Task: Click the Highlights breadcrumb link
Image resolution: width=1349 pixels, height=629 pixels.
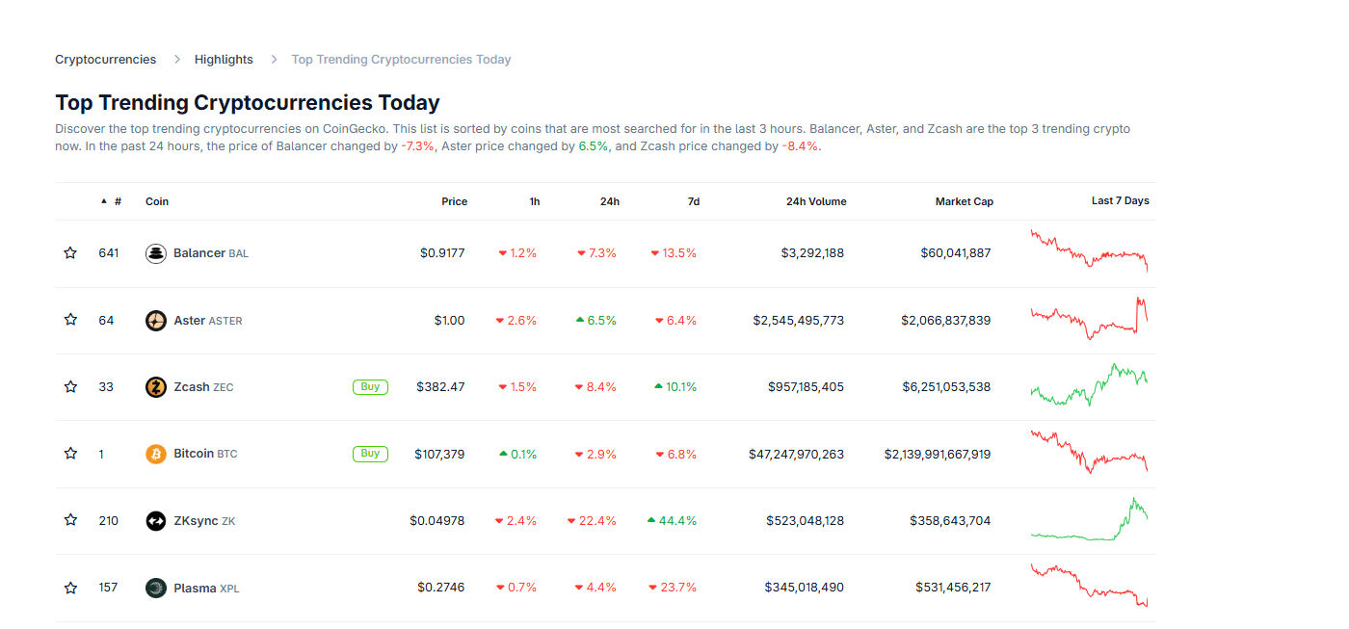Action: click(224, 60)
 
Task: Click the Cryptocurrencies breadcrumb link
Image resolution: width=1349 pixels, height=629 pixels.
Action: click(105, 60)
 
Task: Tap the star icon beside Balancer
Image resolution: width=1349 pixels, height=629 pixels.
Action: click(70, 253)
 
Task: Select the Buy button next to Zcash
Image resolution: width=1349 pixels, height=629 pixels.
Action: click(370, 387)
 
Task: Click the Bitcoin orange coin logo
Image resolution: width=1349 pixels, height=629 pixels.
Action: click(156, 454)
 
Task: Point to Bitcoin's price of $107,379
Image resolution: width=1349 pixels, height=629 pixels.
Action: click(439, 454)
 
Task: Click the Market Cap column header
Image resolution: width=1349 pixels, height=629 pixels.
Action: click(964, 201)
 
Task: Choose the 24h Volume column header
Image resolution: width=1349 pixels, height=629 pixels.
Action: click(816, 201)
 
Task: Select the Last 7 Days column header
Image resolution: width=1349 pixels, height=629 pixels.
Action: click(1120, 201)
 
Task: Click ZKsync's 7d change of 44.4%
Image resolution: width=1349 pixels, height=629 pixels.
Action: click(672, 521)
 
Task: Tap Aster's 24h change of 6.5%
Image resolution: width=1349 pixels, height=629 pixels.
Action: click(596, 321)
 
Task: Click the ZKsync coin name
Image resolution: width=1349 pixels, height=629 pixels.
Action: click(196, 521)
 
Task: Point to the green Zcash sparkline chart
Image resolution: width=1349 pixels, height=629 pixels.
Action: click(1089, 385)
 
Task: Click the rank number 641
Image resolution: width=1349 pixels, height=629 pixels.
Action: click(109, 253)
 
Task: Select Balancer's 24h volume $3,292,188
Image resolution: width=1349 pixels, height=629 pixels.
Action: click(812, 253)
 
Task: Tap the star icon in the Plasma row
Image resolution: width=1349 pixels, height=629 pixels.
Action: click(70, 588)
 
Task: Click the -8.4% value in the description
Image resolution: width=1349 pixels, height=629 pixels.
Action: click(800, 147)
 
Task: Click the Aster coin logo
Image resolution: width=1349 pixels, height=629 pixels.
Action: click(156, 321)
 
